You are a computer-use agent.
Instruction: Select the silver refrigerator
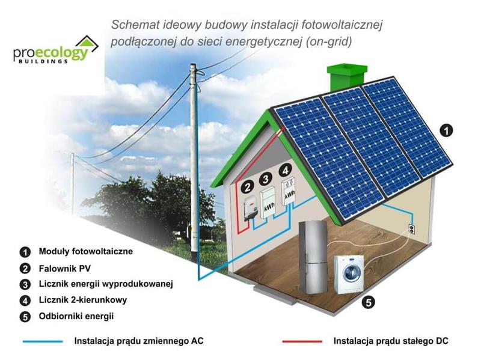pyautogui.click(x=315, y=257)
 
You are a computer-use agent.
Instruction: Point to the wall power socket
pyautogui.click(x=411, y=229)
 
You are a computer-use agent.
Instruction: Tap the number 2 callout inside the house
pyautogui.click(x=247, y=188)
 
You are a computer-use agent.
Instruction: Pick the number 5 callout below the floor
pyautogui.click(x=370, y=302)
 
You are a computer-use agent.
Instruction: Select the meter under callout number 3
pyautogui.click(x=268, y=204)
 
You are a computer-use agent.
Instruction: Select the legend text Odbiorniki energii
pyautogui.click(x=76, y=316)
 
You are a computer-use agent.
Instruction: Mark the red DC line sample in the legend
pyautogui.click(x=302, y=341)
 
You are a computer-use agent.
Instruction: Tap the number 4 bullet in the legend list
pyautogui.click(x=25, y=300)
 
